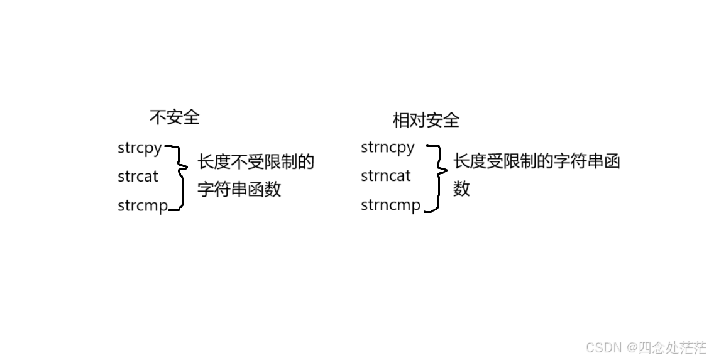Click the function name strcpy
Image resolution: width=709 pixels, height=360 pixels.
click(x=140, y=148)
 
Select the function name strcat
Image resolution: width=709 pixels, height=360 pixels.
click(x=138, y=176)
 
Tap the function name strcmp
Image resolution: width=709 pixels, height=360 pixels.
click(x=143, y=205)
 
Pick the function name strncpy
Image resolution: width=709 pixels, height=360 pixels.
click(x=388, y=148)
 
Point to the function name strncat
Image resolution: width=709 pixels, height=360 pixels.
click(x=386, y=176)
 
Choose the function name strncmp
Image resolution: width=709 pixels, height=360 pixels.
click(x=391, y=205)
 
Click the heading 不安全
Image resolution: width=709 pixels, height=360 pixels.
click(x=175, y=117)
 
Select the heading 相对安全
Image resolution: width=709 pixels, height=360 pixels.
click(x=426, y=121)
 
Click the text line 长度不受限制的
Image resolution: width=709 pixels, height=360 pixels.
click(x=255, y=161)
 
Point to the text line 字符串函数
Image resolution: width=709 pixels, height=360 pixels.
click(x=239, y=189)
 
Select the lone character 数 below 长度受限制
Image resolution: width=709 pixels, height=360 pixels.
click(x=461, y=188)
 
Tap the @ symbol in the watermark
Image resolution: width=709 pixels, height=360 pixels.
click(x=632, y=348)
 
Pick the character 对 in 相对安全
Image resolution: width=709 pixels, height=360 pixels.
click(x=417, y=121)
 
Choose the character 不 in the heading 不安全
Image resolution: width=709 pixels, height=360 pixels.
click(x=158, y=117)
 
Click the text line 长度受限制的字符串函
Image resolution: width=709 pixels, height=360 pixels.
click(x=536, y=161)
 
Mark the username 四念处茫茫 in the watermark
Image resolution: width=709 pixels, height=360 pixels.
click(x=672, y=347)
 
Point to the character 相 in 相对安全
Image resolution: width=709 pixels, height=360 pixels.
click(x=400, y=121)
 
